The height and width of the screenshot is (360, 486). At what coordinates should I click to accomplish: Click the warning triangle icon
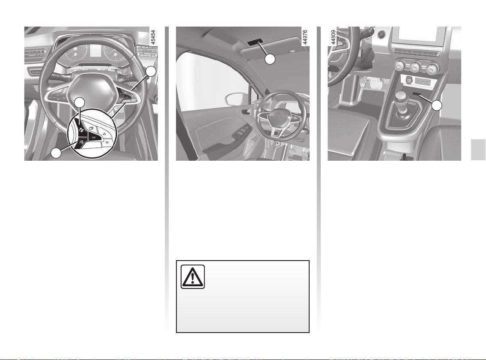[x=193, y=276]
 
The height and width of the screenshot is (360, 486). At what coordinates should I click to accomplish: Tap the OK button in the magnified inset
[x=93, y=137]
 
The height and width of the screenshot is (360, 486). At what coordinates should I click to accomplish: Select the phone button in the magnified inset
[x=81, y=127]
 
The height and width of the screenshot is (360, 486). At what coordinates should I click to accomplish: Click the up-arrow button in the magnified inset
[x=104, y=133]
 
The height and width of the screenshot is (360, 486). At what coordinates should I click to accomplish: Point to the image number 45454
[x=153, y=38]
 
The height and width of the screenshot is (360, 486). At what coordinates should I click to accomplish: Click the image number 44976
[x=305, y=38]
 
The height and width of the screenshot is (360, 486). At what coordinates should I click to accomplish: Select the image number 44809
[x=333, y=38]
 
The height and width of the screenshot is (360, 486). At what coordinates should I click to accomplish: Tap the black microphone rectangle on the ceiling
[x=255, y=43]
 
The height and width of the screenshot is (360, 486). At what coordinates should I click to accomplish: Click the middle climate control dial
[x=415, y=67]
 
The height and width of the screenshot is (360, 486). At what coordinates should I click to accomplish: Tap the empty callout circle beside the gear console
[x=437, y=105]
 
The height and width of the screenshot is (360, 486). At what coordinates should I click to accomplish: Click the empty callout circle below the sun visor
[x=270, y=59]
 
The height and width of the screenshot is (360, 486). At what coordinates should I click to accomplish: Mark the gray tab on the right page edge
[x=478, y=150]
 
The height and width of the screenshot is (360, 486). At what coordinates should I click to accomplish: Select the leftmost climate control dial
[x=400, y=66]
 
